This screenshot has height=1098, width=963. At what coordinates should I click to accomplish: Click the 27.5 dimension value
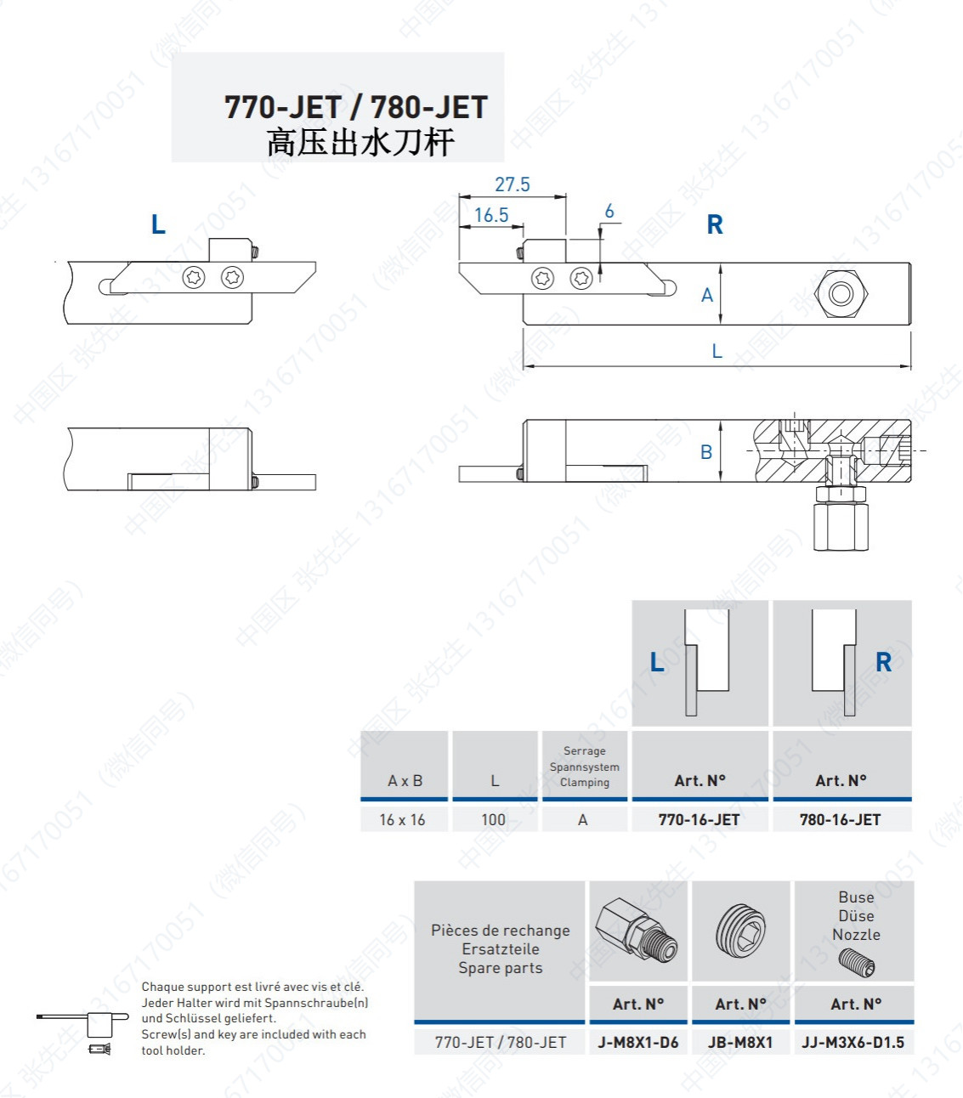pos(513,184)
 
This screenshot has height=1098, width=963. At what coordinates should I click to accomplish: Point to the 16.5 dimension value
pos(491,215)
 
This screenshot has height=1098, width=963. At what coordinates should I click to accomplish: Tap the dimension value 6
pos(609,211)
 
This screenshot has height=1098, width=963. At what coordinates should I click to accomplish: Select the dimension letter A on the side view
pos(706,296)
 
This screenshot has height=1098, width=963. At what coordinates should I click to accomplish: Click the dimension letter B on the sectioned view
pos(706,452)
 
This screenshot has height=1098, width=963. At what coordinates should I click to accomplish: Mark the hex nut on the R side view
pos(841,294)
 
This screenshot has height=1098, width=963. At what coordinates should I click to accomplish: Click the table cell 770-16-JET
pos(699,819)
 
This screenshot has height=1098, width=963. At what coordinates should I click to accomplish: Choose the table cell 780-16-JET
pos(840,819)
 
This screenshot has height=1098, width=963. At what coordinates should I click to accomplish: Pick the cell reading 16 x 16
pos(402,819)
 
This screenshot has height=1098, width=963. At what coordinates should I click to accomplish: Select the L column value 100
pos(493,819)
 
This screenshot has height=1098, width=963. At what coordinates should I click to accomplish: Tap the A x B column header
pos(405,780)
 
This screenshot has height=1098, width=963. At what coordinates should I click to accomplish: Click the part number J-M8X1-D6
pos(637,1042)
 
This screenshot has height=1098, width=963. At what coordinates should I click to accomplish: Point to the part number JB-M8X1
pos(740,1042)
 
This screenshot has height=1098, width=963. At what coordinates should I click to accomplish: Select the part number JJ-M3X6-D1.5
pos(853,1042)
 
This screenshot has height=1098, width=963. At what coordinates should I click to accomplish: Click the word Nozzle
pos(856,934)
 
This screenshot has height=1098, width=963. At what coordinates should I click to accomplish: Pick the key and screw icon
pos(83,1033)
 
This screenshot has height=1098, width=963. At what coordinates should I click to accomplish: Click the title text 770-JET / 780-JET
pos(356,107)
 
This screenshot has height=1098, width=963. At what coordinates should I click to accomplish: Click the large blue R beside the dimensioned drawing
pos(715,224)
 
